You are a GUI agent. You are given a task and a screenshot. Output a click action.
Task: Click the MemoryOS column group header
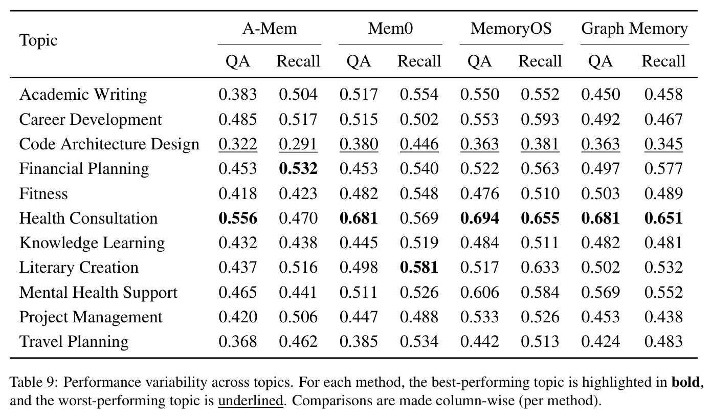(x=511, y=29)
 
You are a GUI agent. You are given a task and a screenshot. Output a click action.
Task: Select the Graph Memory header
(x=634, y=29)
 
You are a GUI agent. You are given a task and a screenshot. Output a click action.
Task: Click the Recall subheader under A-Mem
(x=298, y=61)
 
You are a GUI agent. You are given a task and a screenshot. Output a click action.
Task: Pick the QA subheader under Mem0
(x=359, y=61)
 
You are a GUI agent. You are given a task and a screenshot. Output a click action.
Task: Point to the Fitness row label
(x=43, y=193)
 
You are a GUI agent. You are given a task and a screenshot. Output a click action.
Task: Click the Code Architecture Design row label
(x=109, y=144)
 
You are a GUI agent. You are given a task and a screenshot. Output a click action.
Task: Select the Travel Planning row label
(x=74, y=342)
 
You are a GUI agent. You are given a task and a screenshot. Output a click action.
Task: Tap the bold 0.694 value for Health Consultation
(x=480, y=218)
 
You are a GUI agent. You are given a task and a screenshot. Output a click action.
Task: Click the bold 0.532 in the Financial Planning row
(x=298, y=168)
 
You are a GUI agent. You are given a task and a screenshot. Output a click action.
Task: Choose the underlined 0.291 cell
(x=298, y=144)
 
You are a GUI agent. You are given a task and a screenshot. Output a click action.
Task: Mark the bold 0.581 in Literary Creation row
(x=419, y=268)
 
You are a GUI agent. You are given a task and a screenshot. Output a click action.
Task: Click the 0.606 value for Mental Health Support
(x=480, y=292)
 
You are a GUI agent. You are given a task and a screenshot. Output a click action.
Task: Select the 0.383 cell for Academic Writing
(x=238, y=95)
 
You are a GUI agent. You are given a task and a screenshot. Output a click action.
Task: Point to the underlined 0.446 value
(x=419, y=144)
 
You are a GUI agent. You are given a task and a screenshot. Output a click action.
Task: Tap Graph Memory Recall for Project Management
(x=664, y=317)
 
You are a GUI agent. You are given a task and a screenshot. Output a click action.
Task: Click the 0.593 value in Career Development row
(x=540, y=119)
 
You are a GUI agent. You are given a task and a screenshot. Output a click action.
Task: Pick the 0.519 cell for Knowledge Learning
(x=419, y=243)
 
